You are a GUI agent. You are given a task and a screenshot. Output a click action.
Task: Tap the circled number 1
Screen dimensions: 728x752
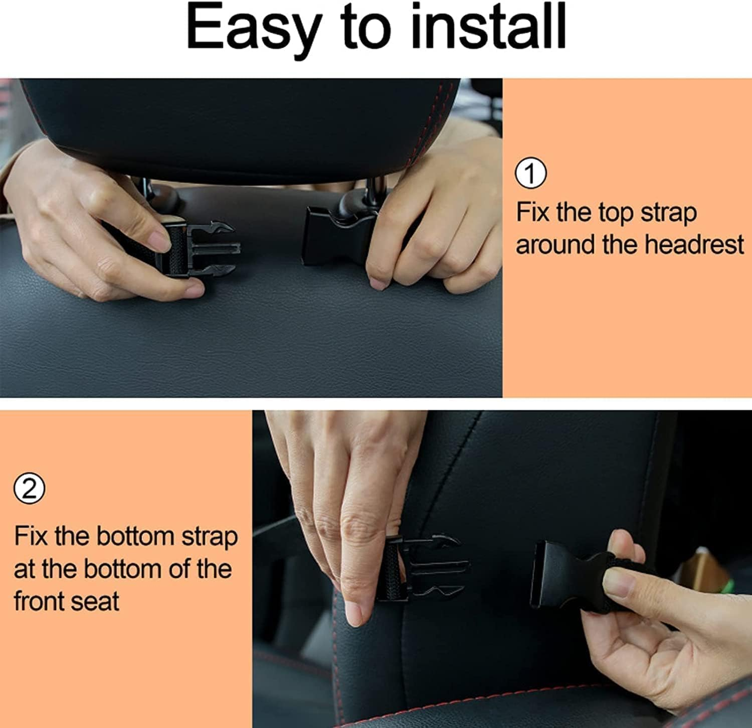[x=531, y=174]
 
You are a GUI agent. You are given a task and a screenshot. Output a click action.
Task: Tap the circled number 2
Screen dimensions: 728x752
[x=30, y=489]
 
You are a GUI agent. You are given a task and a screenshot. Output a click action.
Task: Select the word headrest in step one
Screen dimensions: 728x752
[x=694, y=245]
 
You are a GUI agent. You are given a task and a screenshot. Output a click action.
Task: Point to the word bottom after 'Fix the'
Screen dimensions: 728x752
[x=136, y=537]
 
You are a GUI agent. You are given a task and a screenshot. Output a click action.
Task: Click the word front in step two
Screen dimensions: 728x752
[x=42, y=602]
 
